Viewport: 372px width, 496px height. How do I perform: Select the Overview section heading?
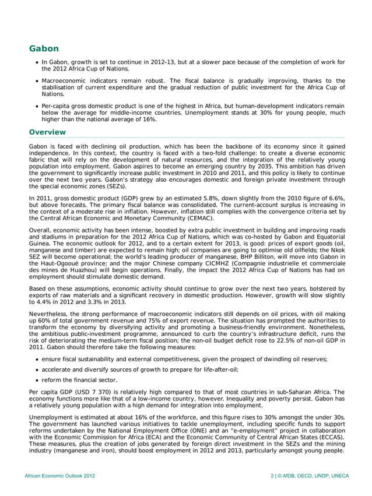tap(49, 132)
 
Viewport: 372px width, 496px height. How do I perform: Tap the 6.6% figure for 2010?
tap(334, 199)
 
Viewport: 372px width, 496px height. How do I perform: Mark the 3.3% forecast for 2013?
tap(108, 302)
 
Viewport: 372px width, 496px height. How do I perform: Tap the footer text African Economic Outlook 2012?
tap(59, 476)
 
